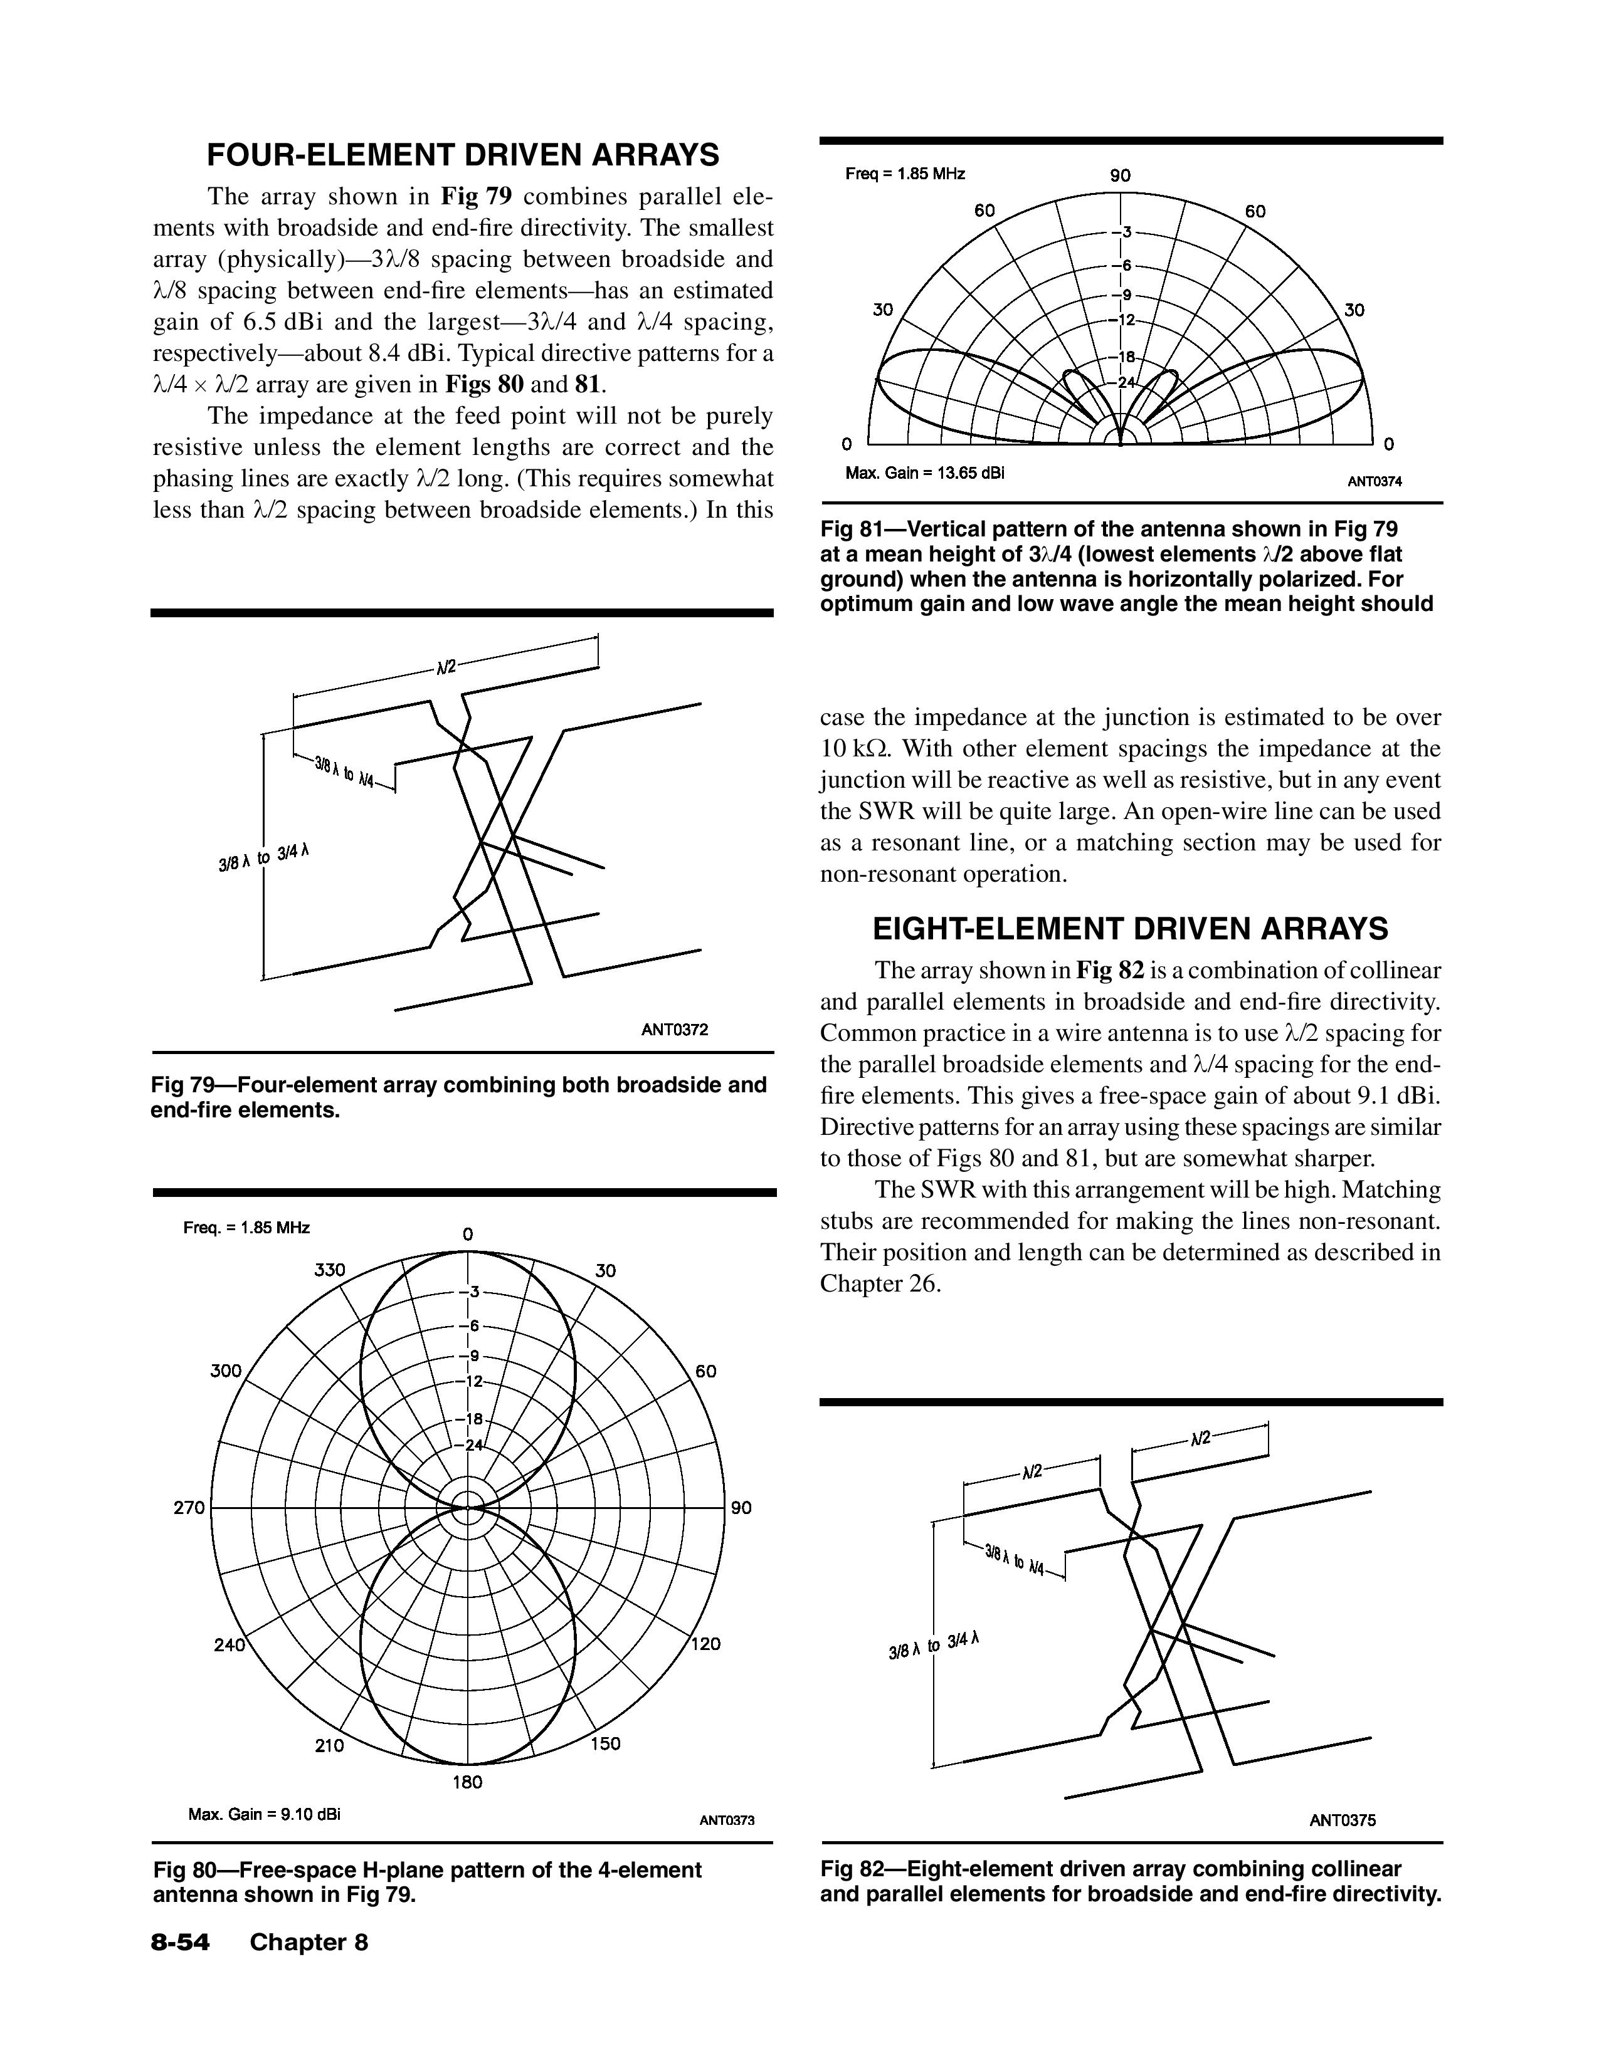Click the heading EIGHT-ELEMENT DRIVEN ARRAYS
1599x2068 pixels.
click(x=1130, y=929)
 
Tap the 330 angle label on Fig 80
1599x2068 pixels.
click(x=330, y=1270)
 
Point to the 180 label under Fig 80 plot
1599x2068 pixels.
click(x=467, y=1782)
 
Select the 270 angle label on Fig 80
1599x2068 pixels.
click(x=189, y=1507)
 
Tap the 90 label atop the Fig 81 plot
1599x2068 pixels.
click(x=1121, y=175)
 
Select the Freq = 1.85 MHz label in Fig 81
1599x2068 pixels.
click(x=905, y=174)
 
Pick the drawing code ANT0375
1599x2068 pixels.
click(x=1343, y=1820)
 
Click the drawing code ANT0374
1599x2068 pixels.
click(x=1375, y=481)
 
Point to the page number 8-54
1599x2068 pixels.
click(x=180, y=1942)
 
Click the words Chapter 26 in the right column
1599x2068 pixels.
click(x=880, y=1284)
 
